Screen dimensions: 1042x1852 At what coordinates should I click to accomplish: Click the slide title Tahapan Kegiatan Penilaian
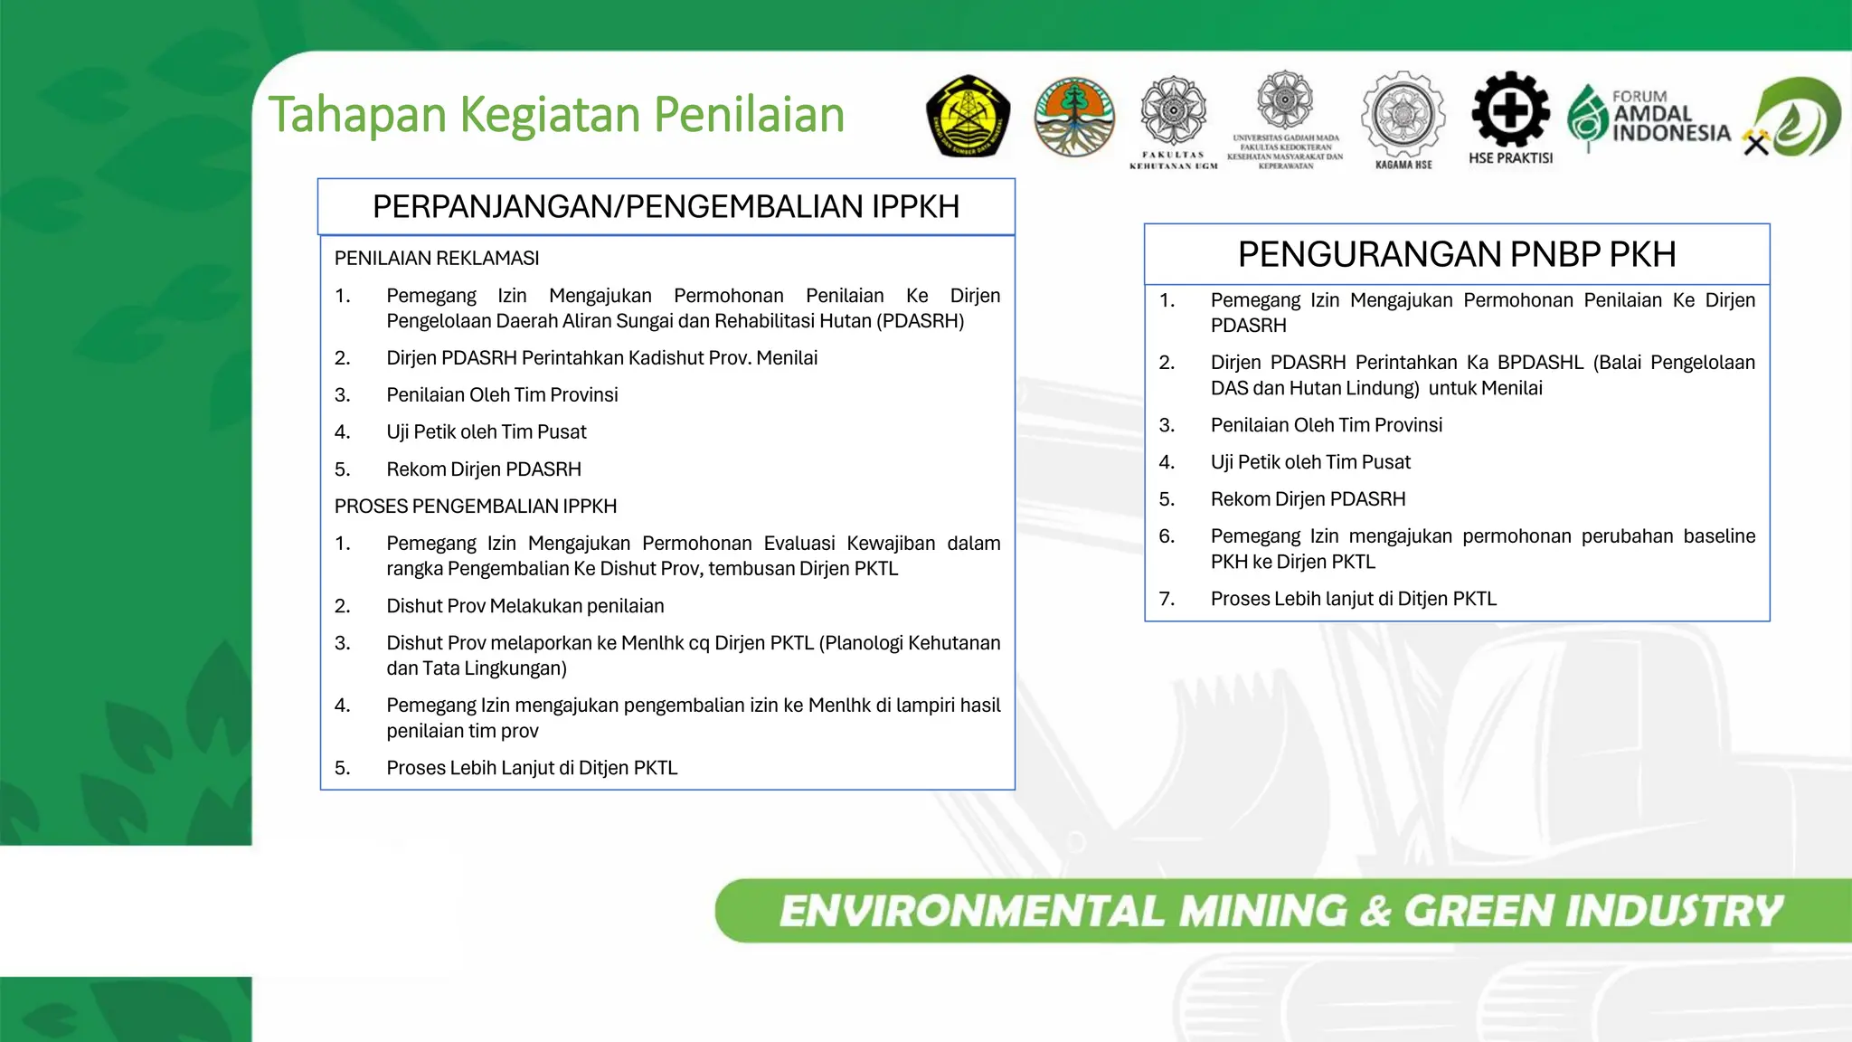tap(556, 115)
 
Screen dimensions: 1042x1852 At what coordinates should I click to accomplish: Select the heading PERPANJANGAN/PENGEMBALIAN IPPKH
tap(666, 207)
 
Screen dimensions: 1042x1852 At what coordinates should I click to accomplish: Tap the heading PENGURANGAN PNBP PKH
tap(1456, 254)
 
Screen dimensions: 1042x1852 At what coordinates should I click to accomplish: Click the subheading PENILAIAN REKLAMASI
tap(437, 259)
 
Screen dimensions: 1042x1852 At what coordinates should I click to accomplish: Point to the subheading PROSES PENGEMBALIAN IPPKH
tap(476, 507)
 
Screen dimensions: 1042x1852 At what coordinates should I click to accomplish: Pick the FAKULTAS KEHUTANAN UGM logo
tap(1173, 120)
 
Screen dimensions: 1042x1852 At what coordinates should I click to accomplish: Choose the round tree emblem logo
tap(1074, 117)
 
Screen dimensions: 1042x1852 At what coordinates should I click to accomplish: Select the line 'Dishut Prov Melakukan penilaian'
tap(524, 606)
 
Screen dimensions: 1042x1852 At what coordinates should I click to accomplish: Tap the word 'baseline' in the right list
tap(1718, 536)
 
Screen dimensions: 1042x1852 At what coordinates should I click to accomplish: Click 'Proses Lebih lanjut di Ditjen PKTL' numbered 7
tap(1353, 599)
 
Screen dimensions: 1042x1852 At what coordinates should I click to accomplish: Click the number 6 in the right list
tap(1167, 536)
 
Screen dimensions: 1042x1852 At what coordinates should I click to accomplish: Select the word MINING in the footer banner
tap(1262, 911)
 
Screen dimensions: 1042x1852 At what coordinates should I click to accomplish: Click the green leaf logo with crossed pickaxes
tap(1794, 118)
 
